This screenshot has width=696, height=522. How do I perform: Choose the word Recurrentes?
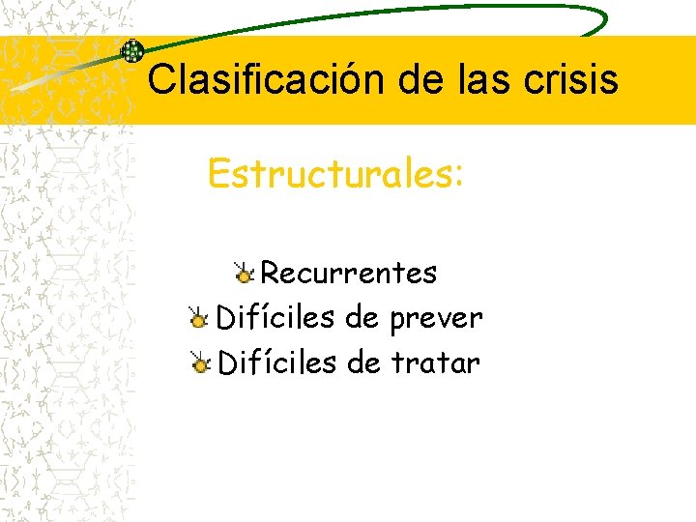[x=349, y=274]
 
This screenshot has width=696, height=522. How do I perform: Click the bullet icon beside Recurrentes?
[x=245, y=274]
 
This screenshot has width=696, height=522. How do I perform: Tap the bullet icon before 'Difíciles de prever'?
[x=199, y=318]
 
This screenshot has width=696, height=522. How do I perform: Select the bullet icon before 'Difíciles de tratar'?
[x=199, y=363]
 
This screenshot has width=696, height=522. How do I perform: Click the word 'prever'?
[x=437, y=318]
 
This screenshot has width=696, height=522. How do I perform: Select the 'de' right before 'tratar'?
[x=363, y=363]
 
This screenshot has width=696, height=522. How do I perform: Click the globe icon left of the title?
[x=132, y=52]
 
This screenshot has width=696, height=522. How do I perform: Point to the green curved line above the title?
[x=387, y=12]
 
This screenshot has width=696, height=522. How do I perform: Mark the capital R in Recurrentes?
[x=271, y=274]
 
